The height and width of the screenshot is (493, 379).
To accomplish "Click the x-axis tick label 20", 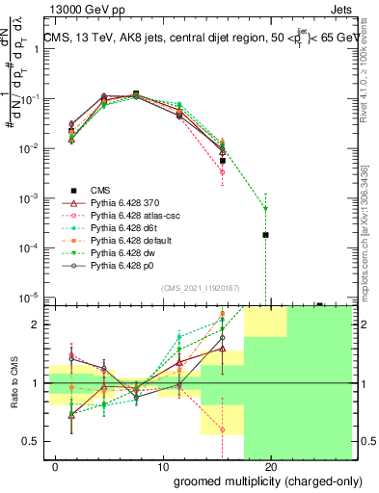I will click(x=270, y=467).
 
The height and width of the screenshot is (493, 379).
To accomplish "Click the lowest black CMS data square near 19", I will click(x=265, y=235).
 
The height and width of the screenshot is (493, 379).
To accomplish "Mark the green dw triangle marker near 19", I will click(x=265, y=208).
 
